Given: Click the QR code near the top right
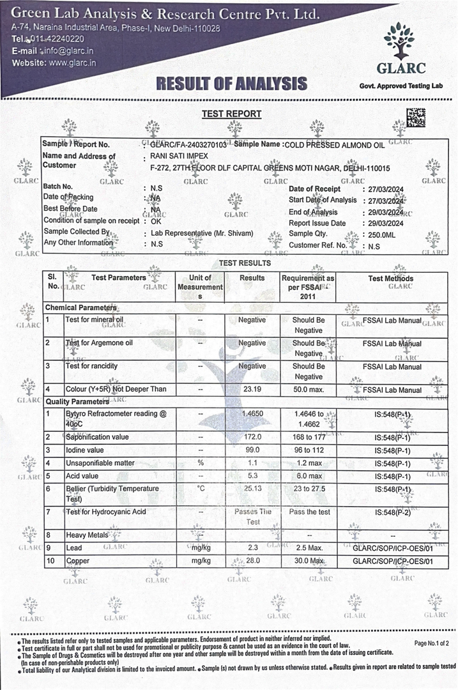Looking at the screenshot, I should (x=416, y=118).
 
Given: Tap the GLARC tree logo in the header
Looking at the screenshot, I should (x=399, y=42).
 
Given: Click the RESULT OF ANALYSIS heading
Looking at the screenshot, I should (x=232, y=83).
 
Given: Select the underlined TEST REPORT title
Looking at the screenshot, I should (x=231, y=114).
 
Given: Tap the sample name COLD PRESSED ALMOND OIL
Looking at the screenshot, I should (x=335, y=145).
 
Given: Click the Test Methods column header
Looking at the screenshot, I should (x=391, y=279).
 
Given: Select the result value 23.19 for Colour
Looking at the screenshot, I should (x=252, y=389).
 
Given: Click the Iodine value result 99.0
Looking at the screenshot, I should (x=252, y=450).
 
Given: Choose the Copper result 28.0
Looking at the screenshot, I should (x=252, y=561).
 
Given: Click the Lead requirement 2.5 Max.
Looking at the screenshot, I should (x=309, y=548).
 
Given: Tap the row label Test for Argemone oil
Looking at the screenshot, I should (x=99, y=343).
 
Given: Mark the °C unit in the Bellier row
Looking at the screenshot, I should (x=200, y=489).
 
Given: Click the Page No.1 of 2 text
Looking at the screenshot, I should (x=431, y=643).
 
